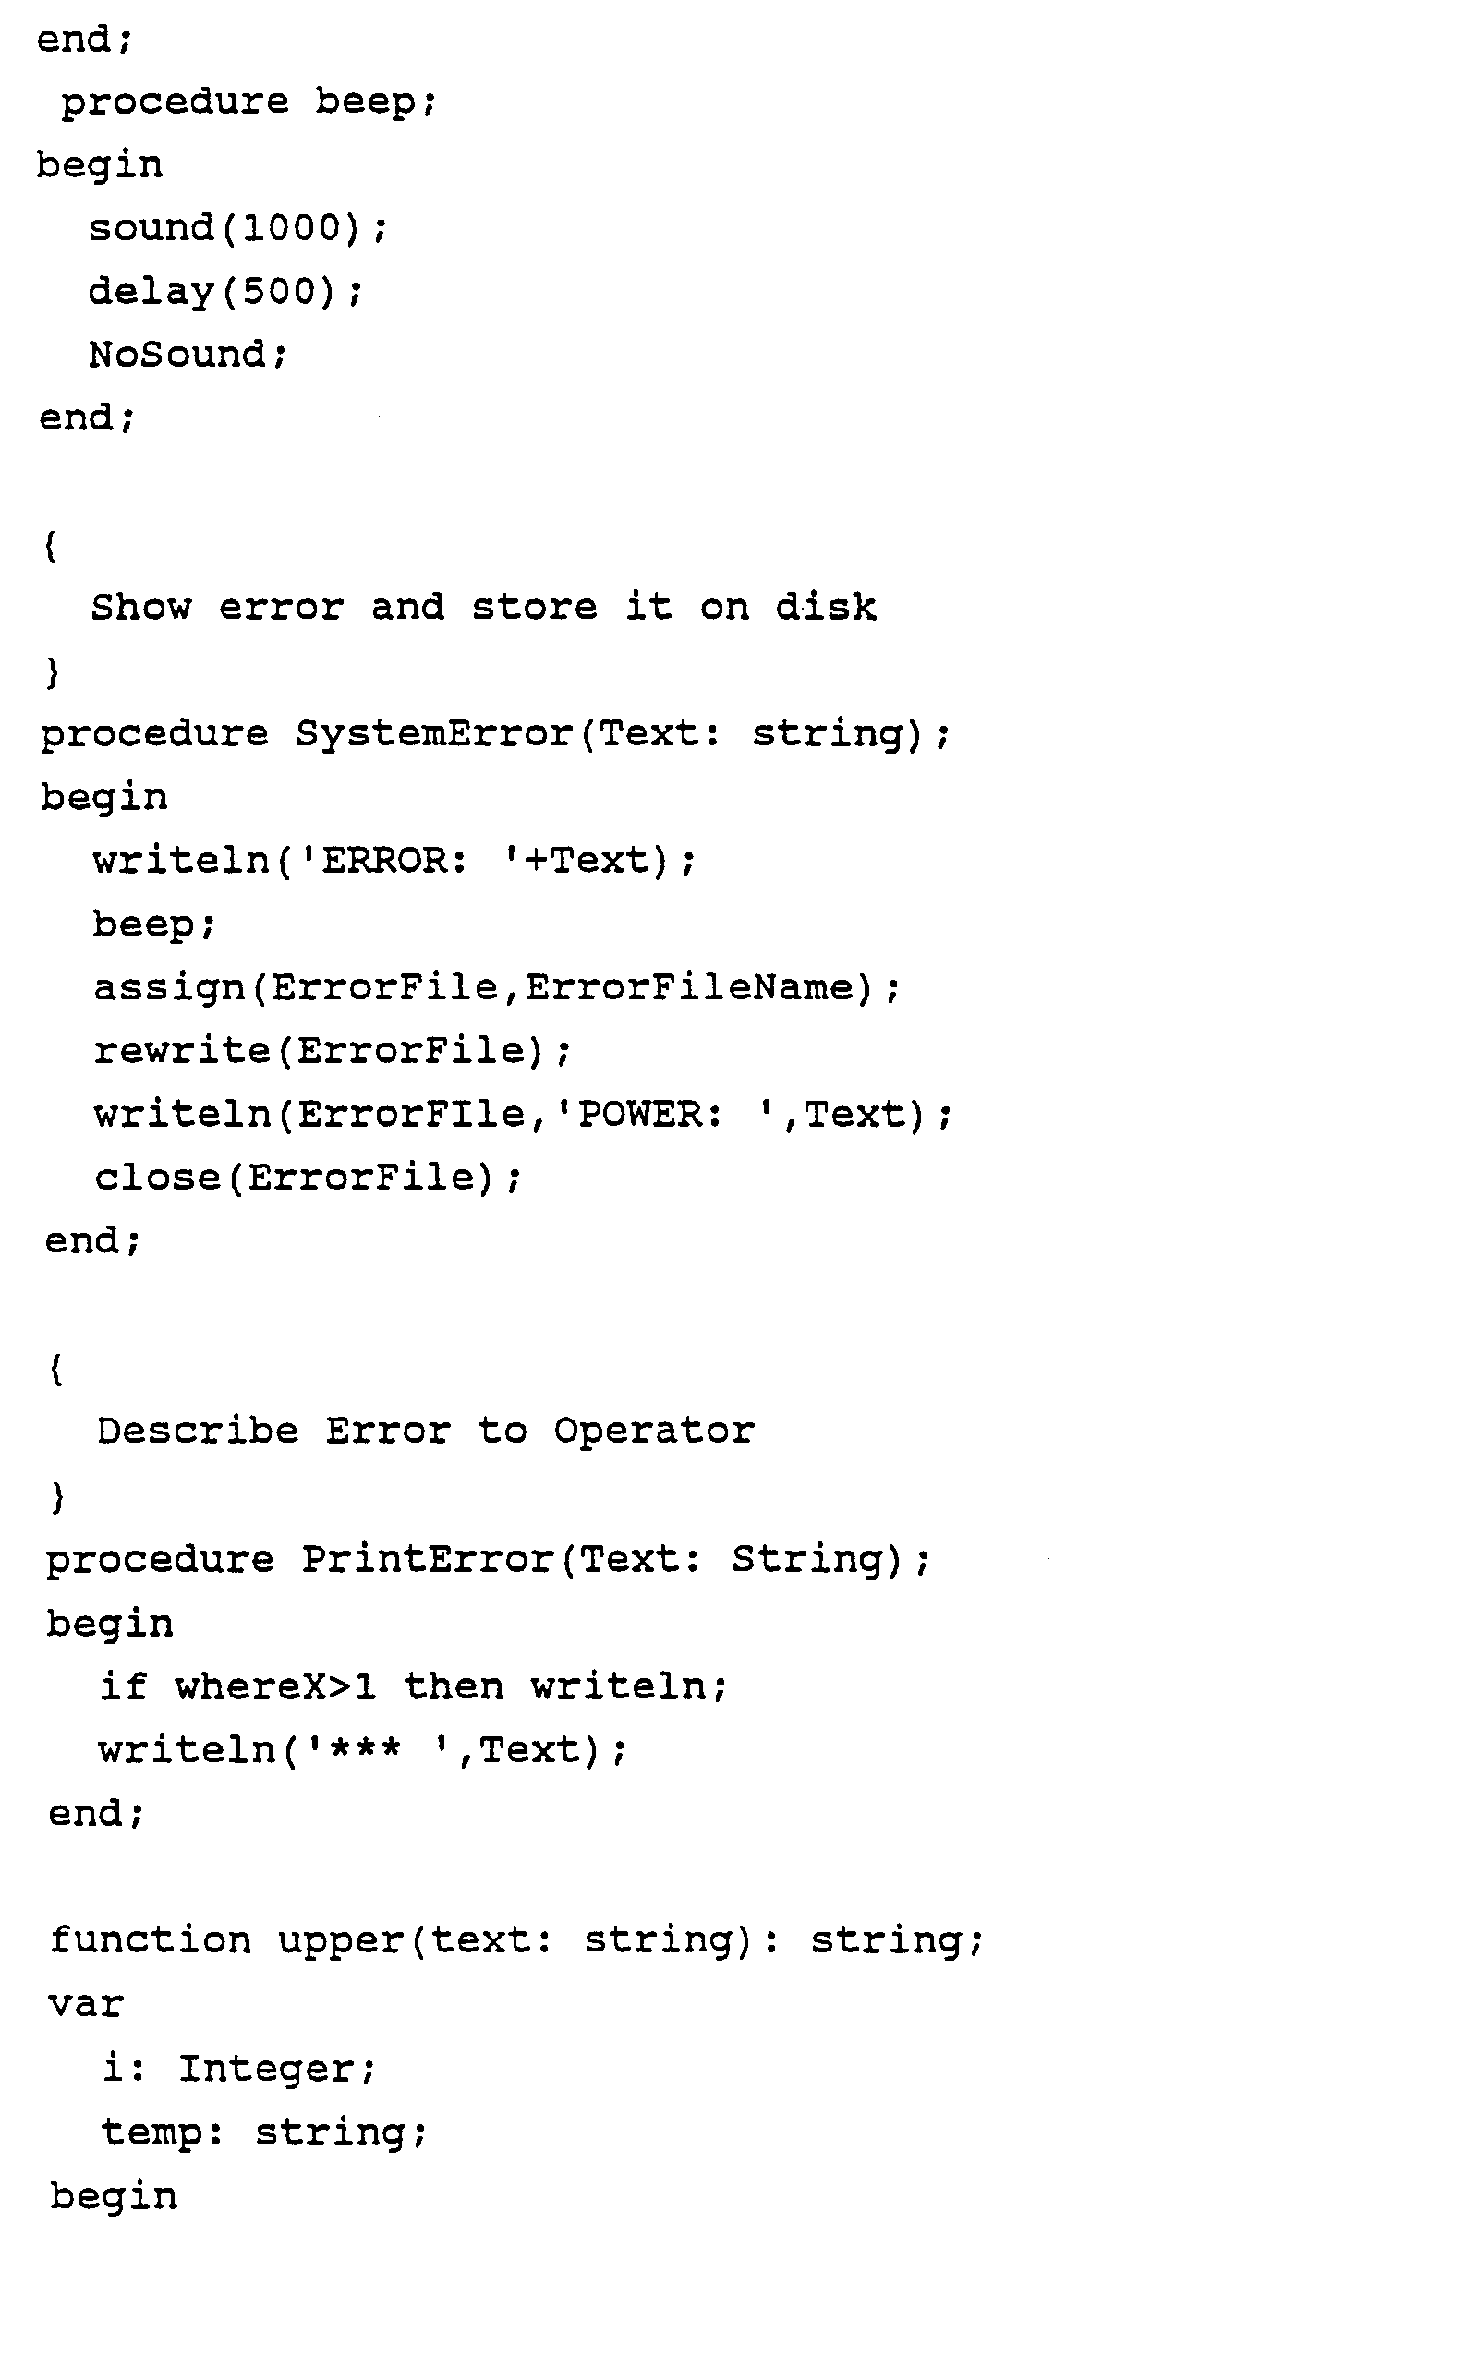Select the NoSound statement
187,354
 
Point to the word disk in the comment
825,607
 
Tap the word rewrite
182,1051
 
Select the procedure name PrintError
427,1559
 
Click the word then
453,1686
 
